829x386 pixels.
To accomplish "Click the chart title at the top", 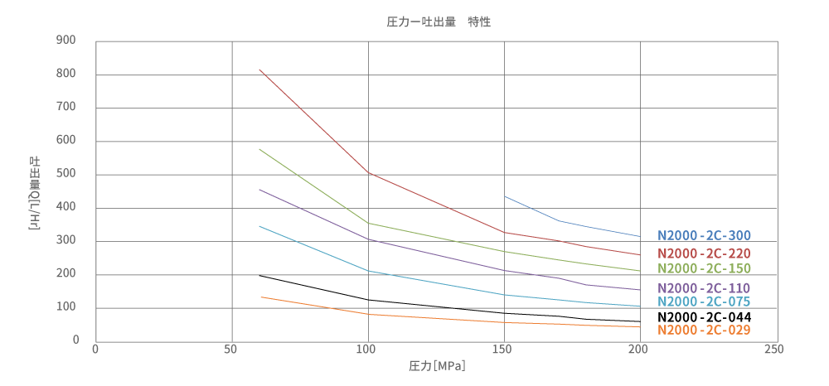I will point(439,22).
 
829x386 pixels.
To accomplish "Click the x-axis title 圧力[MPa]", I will point(437,364).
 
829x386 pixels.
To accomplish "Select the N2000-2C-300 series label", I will point(704,236).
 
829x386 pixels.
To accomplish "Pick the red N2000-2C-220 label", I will point(704,253).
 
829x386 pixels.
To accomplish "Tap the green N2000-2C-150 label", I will point(704,268).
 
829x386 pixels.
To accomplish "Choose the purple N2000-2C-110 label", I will point(704,287).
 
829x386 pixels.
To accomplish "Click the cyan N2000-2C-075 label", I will point(704,302).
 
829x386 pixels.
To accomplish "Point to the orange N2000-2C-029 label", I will point(704,330).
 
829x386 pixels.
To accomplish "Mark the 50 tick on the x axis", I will point(231,350).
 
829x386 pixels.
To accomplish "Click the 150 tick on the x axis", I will point(504,350).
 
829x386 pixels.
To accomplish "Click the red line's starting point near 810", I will point(259,70).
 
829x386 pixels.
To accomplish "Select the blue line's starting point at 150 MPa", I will point(505,196).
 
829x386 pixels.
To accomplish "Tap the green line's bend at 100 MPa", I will point(368,223).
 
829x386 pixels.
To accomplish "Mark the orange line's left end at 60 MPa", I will point(260,297).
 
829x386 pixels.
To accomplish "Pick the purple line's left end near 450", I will point(259,190).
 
